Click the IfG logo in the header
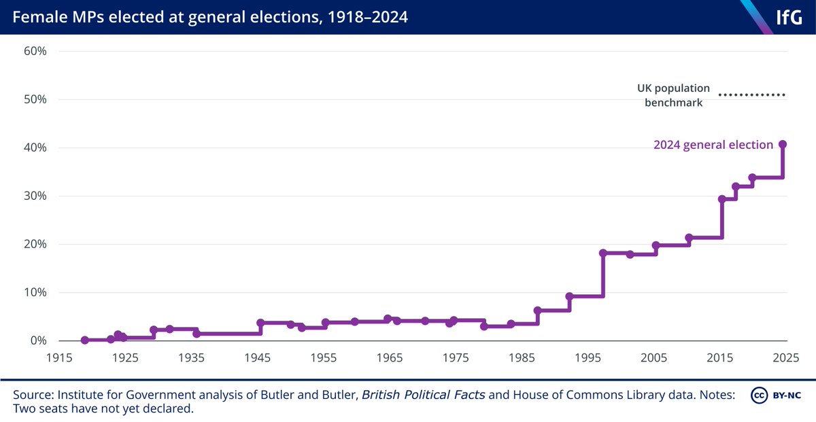coord(788,17)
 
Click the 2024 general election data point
coord(783,144)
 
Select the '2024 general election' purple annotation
coord(713,145)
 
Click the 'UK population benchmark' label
coord(673,96)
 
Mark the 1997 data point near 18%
coord(603,253)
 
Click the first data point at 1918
coord(84,340)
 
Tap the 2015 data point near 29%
coord(721,199)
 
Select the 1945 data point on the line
coord(260,323)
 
